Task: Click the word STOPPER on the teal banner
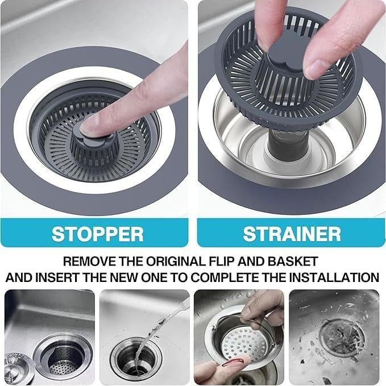[x=97, y=234]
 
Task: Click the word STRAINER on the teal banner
[x=292, y=234]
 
